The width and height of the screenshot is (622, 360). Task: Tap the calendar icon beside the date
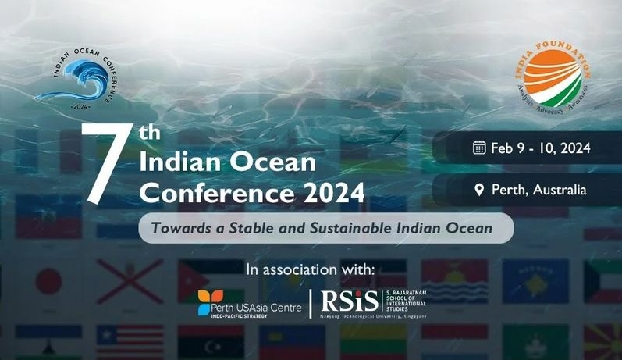[x=479, y=148]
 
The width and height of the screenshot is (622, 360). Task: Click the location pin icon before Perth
[x=479, y=189]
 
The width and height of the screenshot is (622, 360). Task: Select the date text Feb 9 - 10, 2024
[x=541, y=148]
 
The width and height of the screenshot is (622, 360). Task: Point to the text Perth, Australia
[x=539, y=189]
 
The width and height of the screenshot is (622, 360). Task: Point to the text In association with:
[x=311, y=269]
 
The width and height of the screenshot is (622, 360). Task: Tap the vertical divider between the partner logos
[x=310, y=304]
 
